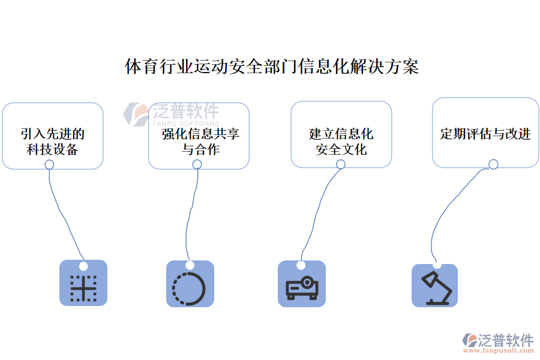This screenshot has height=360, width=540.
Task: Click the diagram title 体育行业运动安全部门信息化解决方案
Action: [x=271, y=67]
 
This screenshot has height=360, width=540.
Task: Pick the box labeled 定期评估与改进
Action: [x=485, y=133]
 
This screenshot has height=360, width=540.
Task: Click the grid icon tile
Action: [x=83, y=285]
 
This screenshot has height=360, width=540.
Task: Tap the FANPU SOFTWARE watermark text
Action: [x=186, y=123]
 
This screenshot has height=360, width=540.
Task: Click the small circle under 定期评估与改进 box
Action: [x=493, y=164]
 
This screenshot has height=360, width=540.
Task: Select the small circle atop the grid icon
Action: [x=83, y=266]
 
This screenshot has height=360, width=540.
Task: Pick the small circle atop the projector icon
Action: [x=301, y=265]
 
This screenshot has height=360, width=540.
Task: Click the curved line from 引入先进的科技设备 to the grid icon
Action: [x=63, y=216]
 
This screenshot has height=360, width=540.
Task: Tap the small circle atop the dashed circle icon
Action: [x=190, y=265]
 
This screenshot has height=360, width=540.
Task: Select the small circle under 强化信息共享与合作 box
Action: [x=197, y=164]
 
